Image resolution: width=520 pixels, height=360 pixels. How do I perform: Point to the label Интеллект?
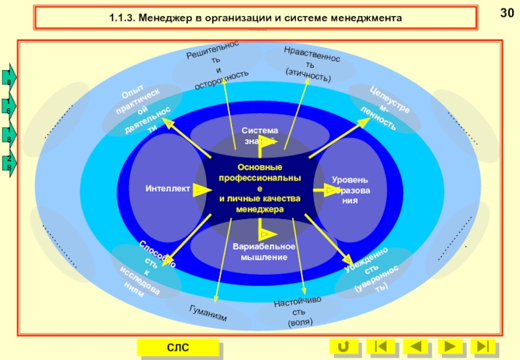(x=168, y=189)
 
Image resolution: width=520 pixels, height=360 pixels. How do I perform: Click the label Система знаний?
(x=259, y=135)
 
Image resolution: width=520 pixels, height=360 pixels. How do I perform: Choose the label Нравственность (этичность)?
(x=311, y=64)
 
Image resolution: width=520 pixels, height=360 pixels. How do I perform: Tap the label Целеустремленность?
(x=386, y=107)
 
